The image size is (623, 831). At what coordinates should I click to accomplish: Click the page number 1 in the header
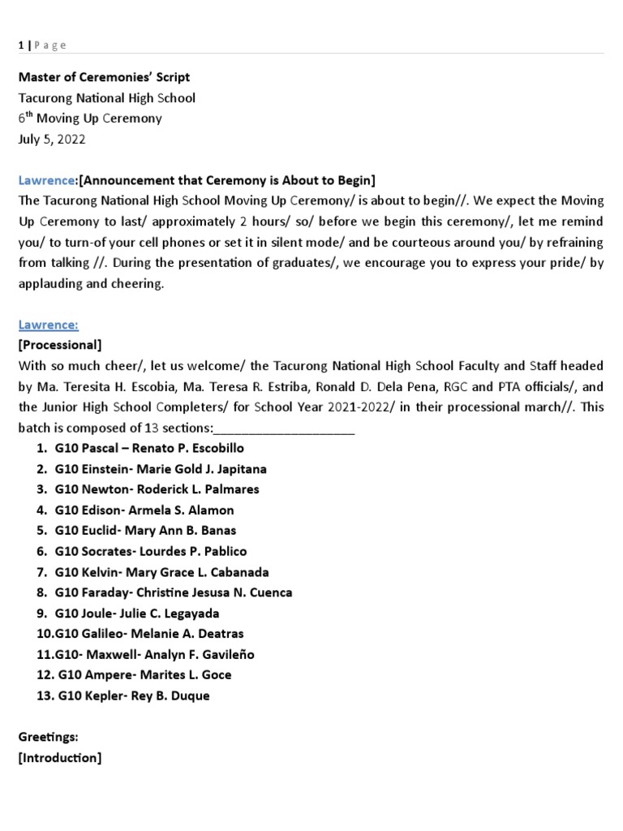coord(20,45)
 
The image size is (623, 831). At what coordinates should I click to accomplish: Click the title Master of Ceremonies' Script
coord(104,77)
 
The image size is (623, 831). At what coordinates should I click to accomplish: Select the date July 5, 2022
coord(51,139)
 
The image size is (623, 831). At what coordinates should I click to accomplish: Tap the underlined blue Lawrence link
coord(48,325)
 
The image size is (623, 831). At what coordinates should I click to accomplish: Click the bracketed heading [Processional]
coord(59,345)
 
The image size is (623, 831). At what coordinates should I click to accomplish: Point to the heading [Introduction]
coord(59,758)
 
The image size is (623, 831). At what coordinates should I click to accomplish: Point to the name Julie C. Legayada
coord(180,614)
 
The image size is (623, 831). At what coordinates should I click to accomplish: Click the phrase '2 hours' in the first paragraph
coord(379,222)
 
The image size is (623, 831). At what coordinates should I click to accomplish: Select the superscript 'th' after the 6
coord(30,114)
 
